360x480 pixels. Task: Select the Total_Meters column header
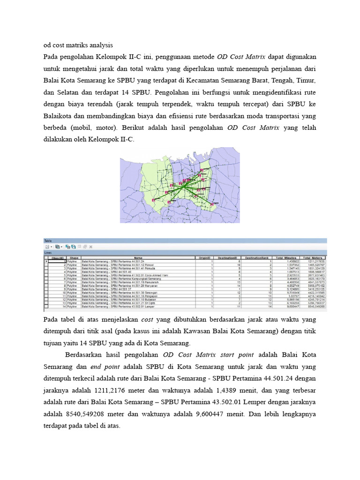(x=313, y=258)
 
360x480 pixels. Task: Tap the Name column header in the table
(x=137, y=258)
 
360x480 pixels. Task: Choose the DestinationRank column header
(x=257, y=258)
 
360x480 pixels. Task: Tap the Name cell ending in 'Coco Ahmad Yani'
(x=117, y=275)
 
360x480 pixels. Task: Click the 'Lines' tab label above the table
(x=48, y=252)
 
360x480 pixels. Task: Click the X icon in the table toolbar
(x=91, y=246)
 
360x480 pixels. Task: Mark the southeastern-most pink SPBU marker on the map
(x=213, y=204)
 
